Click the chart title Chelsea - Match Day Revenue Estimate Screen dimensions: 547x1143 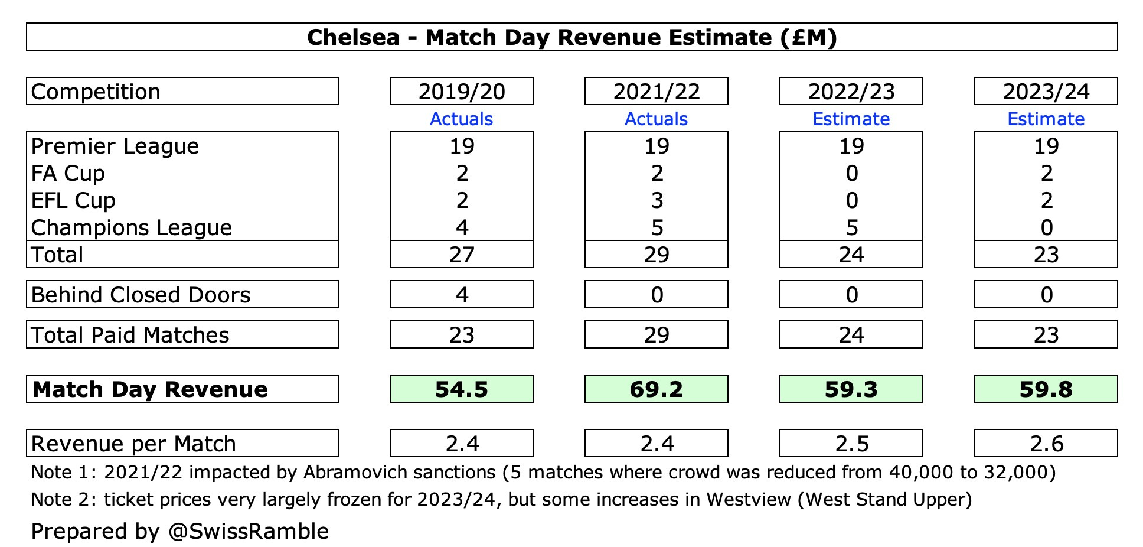pyautogui.click(x=571, y=37)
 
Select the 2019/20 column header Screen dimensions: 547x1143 pyautogui.click(x=461, y=92)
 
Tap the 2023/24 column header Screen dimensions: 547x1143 pyautogui.click(x=1046, y=92)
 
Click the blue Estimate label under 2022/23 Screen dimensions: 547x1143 pyautogui.click(x=851, y=119)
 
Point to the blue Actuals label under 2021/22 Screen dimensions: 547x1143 pyautogui.click(x=656, y=119)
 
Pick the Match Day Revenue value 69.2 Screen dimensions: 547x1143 pyautogui.click(x=656, y=389)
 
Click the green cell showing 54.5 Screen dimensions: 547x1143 pyautogui.click(x=461, y=389)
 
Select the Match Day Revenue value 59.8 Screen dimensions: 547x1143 pyautogui.click(x=1046, y=389)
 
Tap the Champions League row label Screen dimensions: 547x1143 pyautogui.click(x=131, y=227)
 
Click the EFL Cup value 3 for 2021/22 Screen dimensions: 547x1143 pyautogui.click(x=657, y=200)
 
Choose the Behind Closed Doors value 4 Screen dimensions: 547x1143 pyautogui.click(x=462, y=295)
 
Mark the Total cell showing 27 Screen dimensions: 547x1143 pyautogui.click(x=461, y=255)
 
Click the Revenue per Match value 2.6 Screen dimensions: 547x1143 pyautogui.click(x=1046, y=444)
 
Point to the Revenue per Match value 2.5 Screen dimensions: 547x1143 pyautogui.click(x=851, y=444)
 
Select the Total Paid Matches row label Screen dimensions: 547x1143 pyautogui.click(x=130, y=335)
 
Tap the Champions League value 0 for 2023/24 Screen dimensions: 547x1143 pyautogui.click(x=1046, y=227)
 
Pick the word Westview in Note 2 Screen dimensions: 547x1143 pyautogui.click(x=749, y=500)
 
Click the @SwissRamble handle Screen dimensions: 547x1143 pyautogui.click(x=248, y=532)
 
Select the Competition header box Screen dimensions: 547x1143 pyautogui.click(x=182, y=92)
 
